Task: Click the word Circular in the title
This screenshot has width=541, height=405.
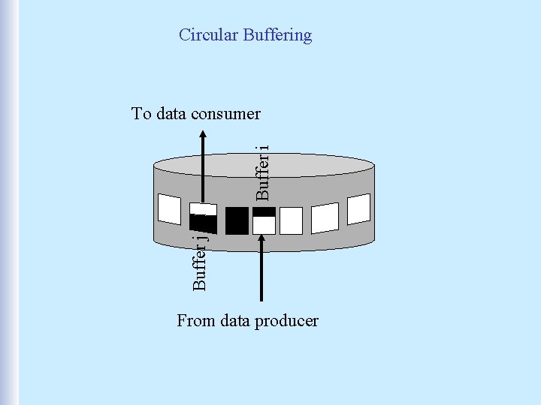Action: pyautogui.click(x=208, y=34)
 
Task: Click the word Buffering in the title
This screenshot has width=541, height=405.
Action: pyautogui.click(x=277, y=35)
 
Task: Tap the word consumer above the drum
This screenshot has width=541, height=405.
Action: pyautogui.click(x=226, y=114)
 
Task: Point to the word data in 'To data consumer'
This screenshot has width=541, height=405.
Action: pyautogui.click(x=172, y=114)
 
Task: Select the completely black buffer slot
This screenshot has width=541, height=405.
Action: pyautogui.click(x=237, y=220)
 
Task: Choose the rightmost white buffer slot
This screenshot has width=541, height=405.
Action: pyautogui.click(x=359, y=208)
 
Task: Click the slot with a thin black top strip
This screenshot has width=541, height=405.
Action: pyautogui.click(x=264, y=221)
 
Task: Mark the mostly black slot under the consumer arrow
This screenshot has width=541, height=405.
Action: pyautogui.click(x=203, y=219)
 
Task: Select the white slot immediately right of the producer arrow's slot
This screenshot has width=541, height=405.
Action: pyautogui.click(x=291, y=220)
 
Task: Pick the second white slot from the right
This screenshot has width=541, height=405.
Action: pyautogui.click(x=325, y=217)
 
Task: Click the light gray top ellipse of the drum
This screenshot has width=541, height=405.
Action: pyautogui.click(x=263, y=164)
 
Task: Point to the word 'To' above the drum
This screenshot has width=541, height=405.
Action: pyautogui.click(x=141, y=114)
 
